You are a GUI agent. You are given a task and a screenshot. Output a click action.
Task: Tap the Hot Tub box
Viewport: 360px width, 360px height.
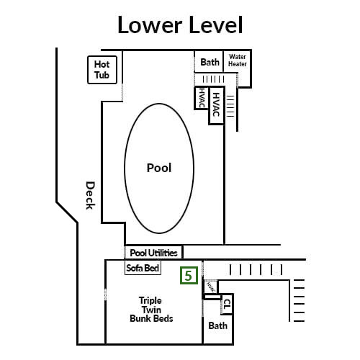(102, 69)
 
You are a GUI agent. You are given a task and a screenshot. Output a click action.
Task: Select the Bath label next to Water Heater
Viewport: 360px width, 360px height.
(210, 62)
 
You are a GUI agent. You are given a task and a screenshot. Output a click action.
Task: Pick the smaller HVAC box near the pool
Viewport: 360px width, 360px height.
(200, 98)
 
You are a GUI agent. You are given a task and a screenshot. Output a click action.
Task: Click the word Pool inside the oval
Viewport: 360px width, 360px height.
(158, 168)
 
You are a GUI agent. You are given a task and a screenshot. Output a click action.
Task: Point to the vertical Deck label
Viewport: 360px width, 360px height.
(90, 194)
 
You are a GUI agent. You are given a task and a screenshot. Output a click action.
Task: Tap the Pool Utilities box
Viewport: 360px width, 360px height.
(154, 253)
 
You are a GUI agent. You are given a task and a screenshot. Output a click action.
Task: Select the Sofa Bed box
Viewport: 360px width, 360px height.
(143, 268)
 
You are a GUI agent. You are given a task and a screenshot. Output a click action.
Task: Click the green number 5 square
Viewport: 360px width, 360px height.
(189, 275)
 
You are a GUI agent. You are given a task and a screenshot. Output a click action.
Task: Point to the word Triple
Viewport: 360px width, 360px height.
(150, 300)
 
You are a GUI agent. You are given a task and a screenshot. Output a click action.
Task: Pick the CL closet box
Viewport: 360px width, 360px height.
(227, 303)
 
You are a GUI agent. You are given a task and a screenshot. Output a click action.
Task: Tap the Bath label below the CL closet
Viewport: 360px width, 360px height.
(217, 326)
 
